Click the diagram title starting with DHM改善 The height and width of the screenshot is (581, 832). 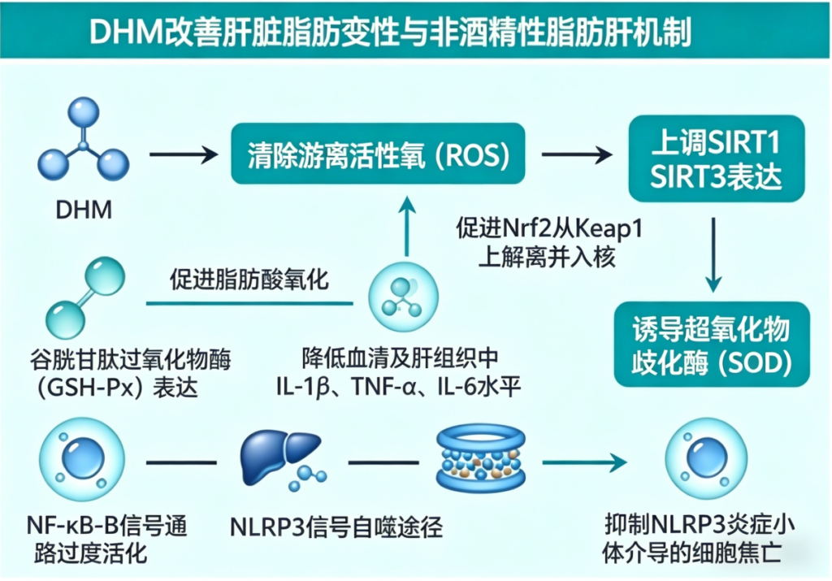coord(389,32)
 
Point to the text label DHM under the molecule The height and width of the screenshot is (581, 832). coord(84,211)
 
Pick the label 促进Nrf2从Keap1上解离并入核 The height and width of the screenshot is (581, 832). coord(549,243)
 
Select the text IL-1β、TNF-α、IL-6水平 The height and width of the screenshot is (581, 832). coord(398,386)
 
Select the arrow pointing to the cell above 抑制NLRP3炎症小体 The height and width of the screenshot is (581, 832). coord(588,463)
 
